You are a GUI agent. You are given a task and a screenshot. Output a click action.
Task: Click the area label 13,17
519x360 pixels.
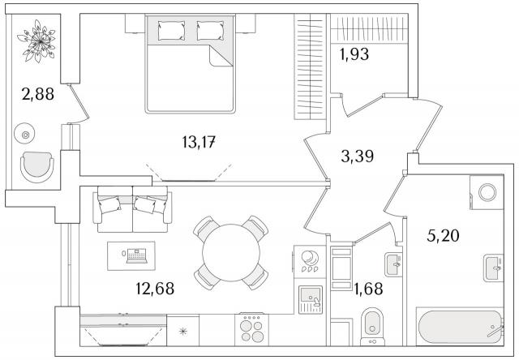(x=199, y=142)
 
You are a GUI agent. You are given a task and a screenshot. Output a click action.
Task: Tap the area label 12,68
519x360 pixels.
(x=155, y=288)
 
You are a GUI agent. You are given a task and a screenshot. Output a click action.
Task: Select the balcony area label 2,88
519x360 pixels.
(x=38, y=94)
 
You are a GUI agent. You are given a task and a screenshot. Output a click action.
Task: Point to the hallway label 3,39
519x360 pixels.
(x=358, y=156)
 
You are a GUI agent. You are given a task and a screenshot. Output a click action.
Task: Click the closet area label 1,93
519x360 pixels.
(x=354, y=54)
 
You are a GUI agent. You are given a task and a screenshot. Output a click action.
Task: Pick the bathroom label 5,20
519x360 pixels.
(x=443, y=236)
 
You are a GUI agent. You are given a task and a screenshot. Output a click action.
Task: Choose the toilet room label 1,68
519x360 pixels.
(x=368, y=289)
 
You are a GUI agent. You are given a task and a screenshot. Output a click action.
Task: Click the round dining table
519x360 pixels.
(x=231, y=253)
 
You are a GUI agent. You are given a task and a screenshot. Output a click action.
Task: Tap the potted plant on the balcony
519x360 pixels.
(x=36, y=41)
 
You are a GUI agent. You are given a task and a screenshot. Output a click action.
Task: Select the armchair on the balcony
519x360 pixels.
(x=37, y=167)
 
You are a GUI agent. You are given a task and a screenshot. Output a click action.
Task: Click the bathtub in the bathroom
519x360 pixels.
(x=460, y=328)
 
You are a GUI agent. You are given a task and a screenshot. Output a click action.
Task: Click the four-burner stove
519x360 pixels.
(x=251, y=329)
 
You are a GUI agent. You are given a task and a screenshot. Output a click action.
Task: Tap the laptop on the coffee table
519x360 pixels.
(x=136, y=255)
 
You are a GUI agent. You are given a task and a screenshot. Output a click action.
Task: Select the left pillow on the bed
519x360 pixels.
(x=171, y=31)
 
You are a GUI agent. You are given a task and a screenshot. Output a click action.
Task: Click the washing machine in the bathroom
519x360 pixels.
(x=487, y=192)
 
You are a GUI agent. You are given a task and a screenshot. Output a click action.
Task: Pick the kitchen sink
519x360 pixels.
(x=310, y=299)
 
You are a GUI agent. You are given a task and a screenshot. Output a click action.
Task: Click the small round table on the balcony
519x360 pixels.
(x=25, y=135)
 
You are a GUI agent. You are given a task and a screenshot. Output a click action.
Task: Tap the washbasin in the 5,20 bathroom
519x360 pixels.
(x=494, y=268)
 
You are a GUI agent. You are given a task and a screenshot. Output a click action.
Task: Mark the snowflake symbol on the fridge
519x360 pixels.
(x=182, y=331)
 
